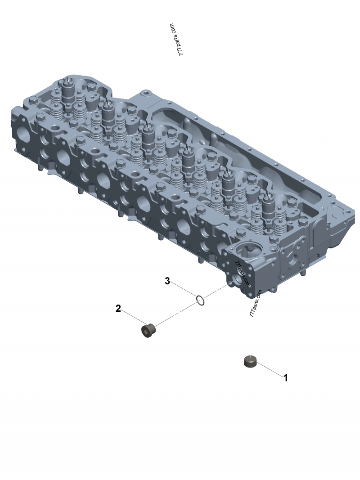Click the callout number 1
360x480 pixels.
pyautogui.click(x=286, y=378)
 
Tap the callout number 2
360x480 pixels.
pyautogui.click(x=118, y=309)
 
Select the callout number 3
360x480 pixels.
pyautogui.click(x=167, y=281)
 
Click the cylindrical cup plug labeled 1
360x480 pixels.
pyautogui.click(x=251, y=361)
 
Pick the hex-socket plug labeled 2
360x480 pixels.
pyautogui.click(x=149, y=331)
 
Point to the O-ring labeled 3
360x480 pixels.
pyautogui.click(x=201, y=301)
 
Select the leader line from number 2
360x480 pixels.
pyautogui.click(x=133, y=317)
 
